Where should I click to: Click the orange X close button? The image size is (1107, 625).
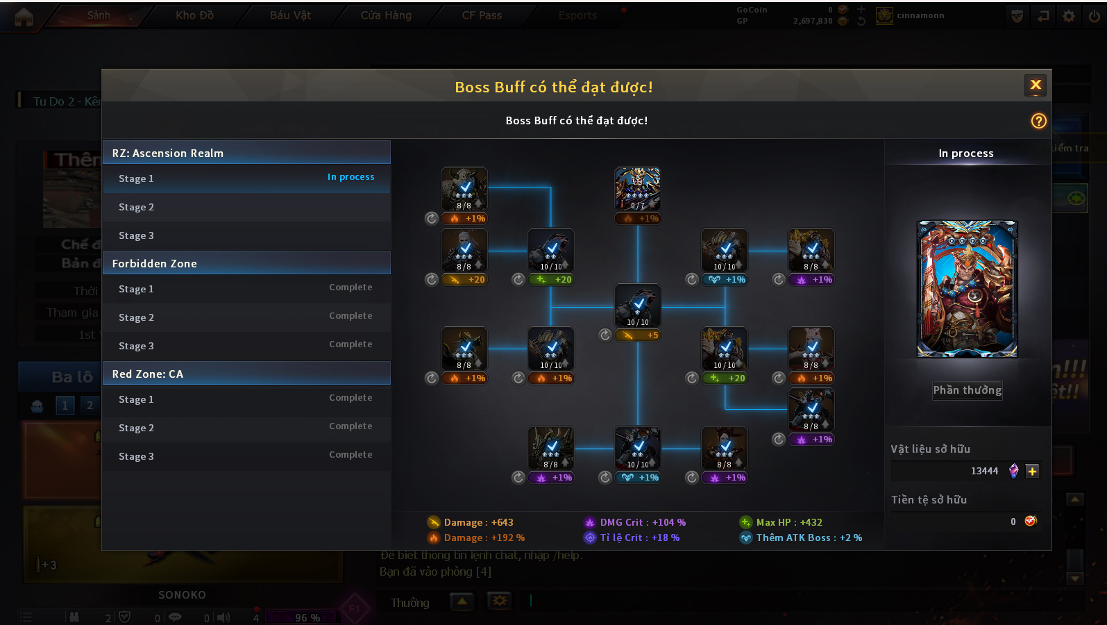tap(1036, 85)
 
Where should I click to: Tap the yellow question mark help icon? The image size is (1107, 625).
tap(1038, 121)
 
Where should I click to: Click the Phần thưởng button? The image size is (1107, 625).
tap(967, 390)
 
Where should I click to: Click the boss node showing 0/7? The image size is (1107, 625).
tap(637, 189)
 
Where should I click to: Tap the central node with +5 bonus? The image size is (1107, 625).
tap(637, 306)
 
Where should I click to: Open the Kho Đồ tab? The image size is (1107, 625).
tap(194, 15)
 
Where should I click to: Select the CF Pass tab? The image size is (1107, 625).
tap(482, 15)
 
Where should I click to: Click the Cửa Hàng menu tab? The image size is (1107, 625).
tap(386, 15)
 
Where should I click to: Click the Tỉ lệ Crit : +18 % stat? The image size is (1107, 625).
tap(639, 537)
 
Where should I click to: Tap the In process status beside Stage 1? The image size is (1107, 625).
tap(350, 177)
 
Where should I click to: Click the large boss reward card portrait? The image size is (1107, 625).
tap(967, 289)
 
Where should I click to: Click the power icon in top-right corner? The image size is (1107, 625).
tap(1094, 16)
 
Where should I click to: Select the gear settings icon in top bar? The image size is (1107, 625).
tap(1069, 16)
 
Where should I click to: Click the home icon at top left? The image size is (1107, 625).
tap(24, 17)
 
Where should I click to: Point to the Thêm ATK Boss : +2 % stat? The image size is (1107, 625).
tap(809, 537)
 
